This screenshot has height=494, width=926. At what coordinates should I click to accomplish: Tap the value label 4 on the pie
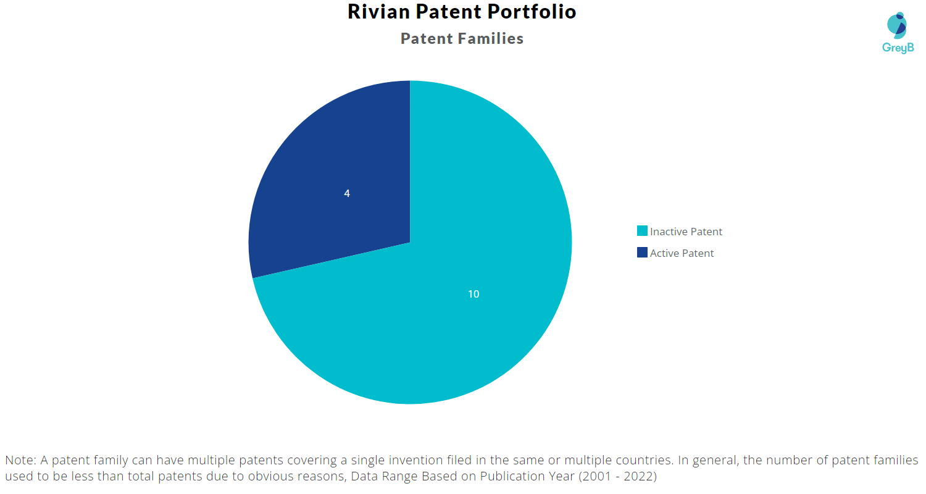347,193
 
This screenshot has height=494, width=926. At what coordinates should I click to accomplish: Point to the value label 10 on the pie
473,294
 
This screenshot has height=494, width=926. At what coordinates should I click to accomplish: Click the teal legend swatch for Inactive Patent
642,231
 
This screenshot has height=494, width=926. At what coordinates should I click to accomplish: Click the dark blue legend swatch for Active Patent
642,253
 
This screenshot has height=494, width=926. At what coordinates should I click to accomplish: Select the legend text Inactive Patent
686,232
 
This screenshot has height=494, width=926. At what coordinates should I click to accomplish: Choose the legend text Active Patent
682,253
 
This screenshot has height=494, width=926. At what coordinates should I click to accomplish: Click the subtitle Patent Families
462,38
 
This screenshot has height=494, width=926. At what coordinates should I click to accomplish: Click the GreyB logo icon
897,25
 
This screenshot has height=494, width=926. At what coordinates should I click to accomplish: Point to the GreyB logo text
897,48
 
